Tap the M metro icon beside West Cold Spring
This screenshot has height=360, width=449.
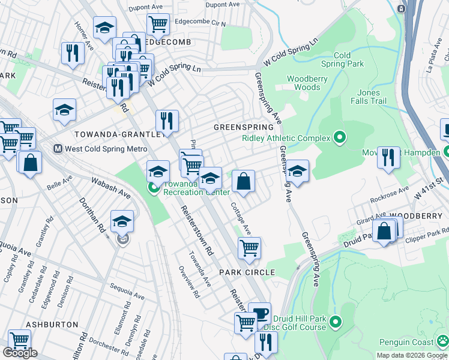pyautogui.click(x=58, y=148)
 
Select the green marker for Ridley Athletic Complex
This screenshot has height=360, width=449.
pyautogui.click(x=339, y=138)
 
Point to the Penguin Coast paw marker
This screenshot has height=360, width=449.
pyautogui.click(x=442, y=342)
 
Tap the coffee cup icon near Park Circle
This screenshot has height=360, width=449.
pyautogui.click(x=259, y=313)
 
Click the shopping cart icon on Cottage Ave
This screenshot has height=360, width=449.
pyautogui.click(x=249, y=247)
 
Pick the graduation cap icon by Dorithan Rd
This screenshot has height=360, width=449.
pyautogui.click(x=122, y=221)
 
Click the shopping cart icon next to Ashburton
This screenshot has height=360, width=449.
pyautogui.click(x=19, y=340)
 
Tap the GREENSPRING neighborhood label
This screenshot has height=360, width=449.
pyautogui.click(x=244, y=128)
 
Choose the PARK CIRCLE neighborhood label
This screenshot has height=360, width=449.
pyautogui.click(x=247, y=272)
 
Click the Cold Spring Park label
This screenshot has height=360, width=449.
pyautogui.click(x=342, y=59)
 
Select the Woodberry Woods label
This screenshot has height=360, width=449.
pyautogui.click(x=303, y=83)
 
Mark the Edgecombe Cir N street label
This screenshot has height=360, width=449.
pyautogui.click(x=199, y=24)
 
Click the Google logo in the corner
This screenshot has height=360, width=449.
pyautogui.click(x=20, y=353)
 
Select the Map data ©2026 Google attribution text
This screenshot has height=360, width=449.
pyautogui.click(x=411, y=355)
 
